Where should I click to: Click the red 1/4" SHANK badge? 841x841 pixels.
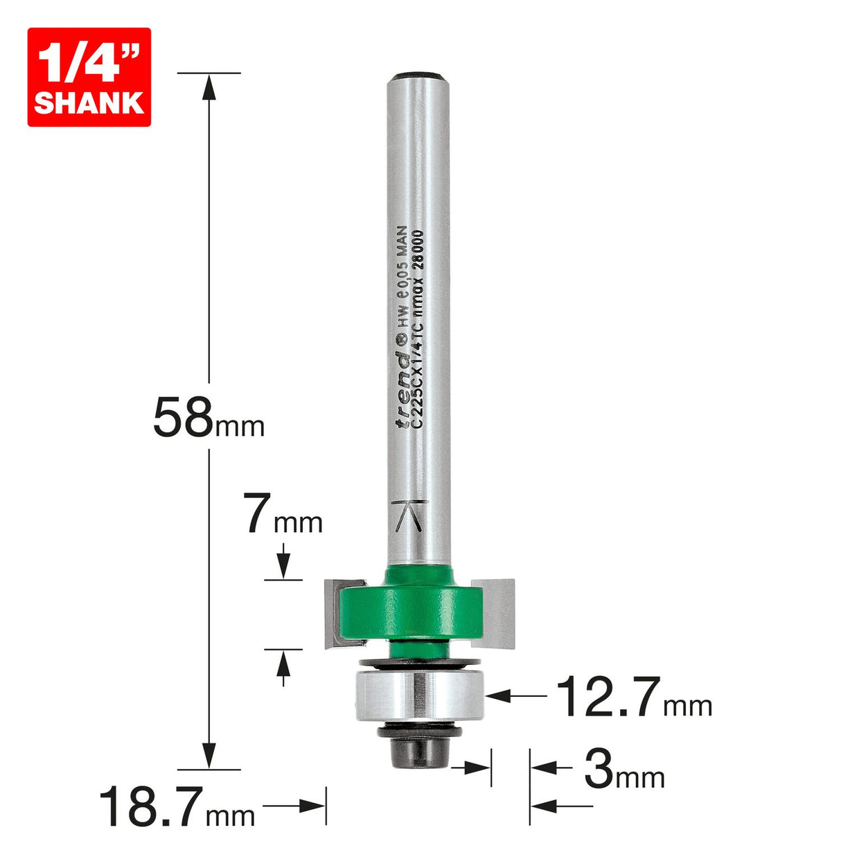coord(89,77)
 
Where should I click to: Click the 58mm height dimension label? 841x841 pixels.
coord(208,417)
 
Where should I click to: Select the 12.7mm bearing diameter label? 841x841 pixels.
coord(633,697)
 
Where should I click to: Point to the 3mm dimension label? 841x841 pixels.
coord(623,770)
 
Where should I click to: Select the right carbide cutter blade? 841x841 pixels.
coord(500,610)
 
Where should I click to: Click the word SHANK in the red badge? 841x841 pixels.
coord(89,103)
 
